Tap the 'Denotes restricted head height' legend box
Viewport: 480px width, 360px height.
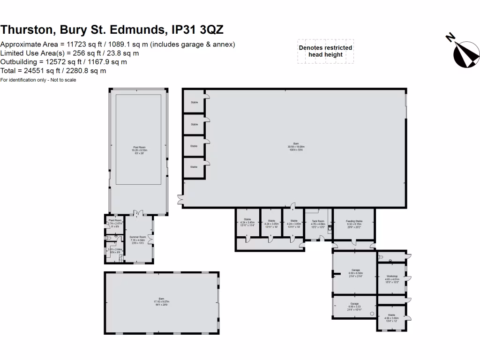point(325,51)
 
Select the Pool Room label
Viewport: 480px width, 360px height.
point(139,150)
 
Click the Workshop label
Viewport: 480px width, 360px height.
point(391,278)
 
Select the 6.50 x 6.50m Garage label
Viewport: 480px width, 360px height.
point(355,273)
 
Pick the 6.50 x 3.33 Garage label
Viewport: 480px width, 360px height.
point(355,305)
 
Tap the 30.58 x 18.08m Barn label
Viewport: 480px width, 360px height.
point(295,146)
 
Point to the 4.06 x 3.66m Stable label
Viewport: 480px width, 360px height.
point(391,317)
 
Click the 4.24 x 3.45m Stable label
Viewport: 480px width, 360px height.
point(247,222)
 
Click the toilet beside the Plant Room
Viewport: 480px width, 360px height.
point(108,238)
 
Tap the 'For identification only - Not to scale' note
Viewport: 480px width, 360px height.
point(38,80)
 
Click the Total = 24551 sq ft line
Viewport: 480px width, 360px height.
point(53,71)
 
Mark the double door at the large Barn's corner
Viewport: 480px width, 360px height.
point(180,200)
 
